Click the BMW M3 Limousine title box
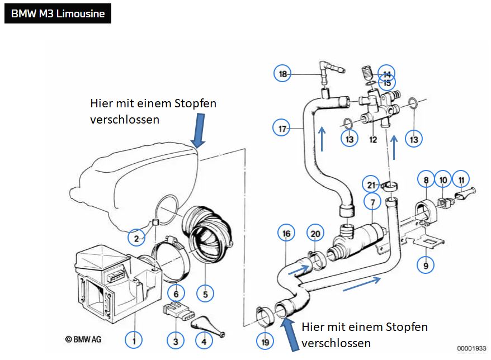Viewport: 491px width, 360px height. click(58, 13)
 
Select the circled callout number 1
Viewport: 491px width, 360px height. click(134, 340)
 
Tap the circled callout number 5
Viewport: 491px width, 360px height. click(205, 294)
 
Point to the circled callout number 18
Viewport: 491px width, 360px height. click(282, 74)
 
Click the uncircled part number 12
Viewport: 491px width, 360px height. click(373, 139)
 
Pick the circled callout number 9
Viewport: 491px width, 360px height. click(426, 266)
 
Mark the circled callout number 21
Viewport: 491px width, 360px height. click(371, 184)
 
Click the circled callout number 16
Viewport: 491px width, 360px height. click(286, 233)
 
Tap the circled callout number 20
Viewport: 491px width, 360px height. click(315, 234)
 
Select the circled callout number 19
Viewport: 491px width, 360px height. click(265, 342)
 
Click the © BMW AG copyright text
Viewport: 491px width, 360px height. click(83, 339)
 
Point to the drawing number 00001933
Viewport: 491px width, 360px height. click(471, 348)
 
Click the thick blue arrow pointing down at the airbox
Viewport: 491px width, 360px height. click(199, 130)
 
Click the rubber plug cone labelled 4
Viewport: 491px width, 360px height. click(208, 327)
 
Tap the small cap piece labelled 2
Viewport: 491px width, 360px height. click(155, 222)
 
